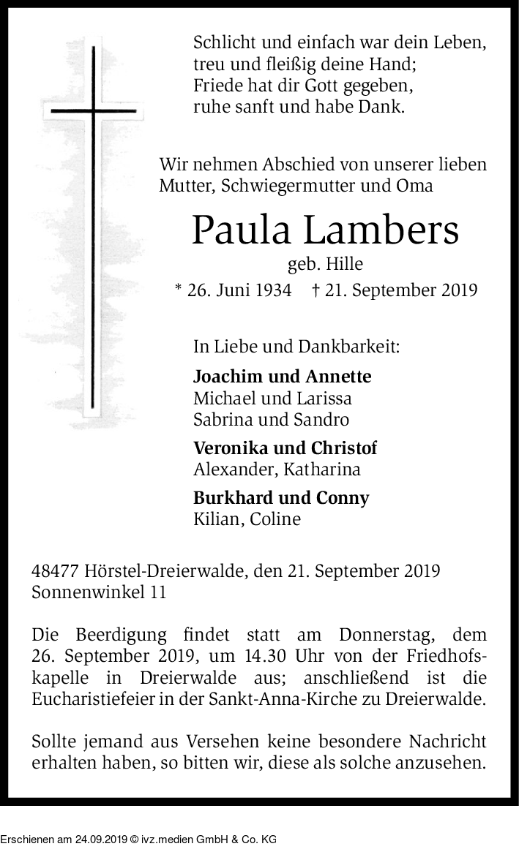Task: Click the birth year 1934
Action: (x=261, y=290)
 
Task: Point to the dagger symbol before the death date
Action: (x=315, y=290)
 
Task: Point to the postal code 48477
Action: (x=56, y=570)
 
